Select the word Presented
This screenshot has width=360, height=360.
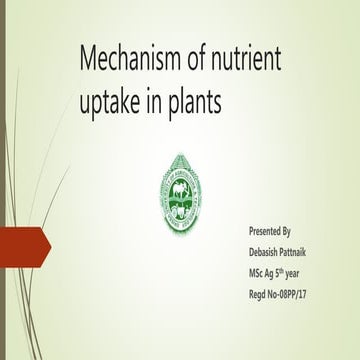pyautogui.click(x=267, y=231)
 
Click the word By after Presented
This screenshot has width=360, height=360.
pyautogui.click(x=297, y=231)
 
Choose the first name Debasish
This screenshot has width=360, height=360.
pyautogui.click(x=268, y=251)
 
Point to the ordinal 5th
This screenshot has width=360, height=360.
pyautogui.click(x=291, y=271)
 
